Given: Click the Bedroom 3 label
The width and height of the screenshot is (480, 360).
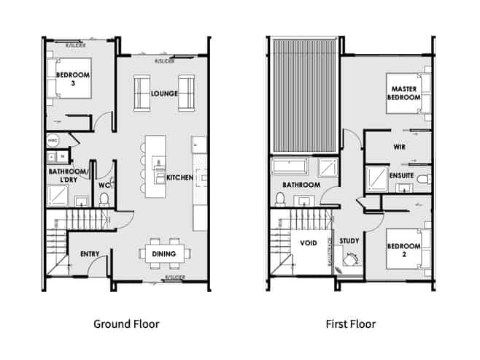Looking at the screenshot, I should click(73, 79).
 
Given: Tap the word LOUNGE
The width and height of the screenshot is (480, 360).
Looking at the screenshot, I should click(164, 94).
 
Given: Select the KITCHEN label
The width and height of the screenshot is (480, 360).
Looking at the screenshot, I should click(179, 177).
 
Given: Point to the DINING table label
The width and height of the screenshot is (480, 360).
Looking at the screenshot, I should click(163, 253).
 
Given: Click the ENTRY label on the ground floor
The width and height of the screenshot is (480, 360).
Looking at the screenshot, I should click(89, 253).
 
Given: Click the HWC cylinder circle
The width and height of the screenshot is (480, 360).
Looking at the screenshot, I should click(53, 139).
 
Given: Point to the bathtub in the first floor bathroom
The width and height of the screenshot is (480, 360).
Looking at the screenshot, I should click(295, 166).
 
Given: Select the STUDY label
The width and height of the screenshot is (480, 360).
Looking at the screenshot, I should click(349, 241).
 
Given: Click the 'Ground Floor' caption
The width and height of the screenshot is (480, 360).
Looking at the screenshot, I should click(126, 323).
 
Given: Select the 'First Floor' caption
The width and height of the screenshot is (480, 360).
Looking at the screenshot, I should click(351, 323).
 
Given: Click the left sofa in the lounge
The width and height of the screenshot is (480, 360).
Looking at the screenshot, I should click(142, 94).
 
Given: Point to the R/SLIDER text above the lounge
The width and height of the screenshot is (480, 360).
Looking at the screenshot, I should click(165, 61).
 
